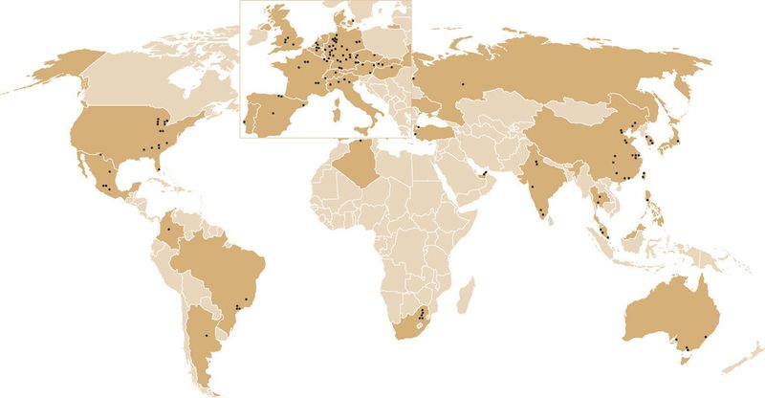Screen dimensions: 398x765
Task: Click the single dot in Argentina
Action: point(207,336)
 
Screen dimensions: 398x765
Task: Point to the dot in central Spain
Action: point(273,114)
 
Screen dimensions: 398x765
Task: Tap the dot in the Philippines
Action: point(649,199)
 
